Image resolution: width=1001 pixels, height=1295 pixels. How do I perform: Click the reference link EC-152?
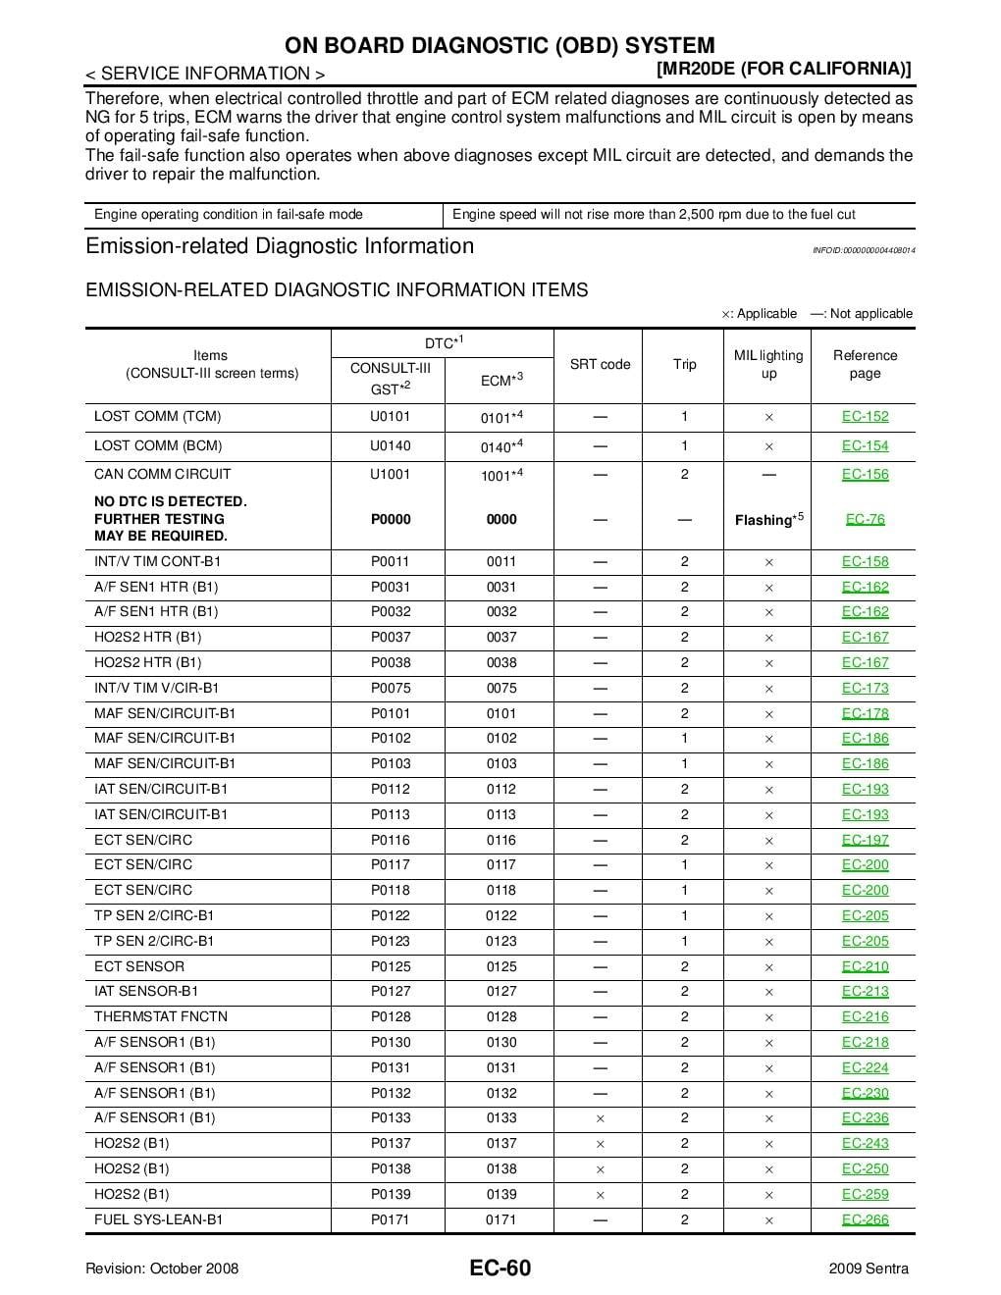(x=865, y=416)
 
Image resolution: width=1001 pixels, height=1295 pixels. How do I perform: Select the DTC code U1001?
(x=390, y=474)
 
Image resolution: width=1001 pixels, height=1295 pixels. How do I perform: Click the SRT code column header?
(x=600, y=364)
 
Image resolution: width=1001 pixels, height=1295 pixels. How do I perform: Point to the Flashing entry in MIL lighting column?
(x=768, y=519)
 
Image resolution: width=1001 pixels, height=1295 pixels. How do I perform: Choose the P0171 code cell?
(x=390, y=1219)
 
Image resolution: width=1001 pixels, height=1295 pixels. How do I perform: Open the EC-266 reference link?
(x=865, y=1219)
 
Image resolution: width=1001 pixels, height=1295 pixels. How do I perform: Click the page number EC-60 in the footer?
(x=500, y=1268)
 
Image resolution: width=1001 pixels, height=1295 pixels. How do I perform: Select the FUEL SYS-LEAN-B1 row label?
(x=158, y=1219)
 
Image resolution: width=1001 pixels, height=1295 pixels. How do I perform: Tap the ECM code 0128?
(x=500, y=1016)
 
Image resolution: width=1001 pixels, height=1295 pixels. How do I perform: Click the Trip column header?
(x=684, y=364)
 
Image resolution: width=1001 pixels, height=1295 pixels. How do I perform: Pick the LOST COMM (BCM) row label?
(x=158, y=445)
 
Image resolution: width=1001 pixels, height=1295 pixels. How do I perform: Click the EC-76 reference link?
(x=865, y=519)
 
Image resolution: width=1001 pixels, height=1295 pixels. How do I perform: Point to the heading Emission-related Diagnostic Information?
(x=280, y=246)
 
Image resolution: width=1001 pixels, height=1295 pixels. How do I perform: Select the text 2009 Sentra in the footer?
(x=868, y=1269)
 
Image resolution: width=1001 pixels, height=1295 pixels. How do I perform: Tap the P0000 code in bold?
(x=390, y=519)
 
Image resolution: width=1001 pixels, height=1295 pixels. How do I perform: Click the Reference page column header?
(x=865, y=364)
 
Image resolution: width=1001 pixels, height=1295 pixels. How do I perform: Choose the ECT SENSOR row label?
(x=138, y=966)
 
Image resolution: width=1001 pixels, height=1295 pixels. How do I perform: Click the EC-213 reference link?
(x=865, y=991)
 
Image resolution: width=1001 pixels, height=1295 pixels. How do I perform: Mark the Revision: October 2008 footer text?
(x=162, y=1269)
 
